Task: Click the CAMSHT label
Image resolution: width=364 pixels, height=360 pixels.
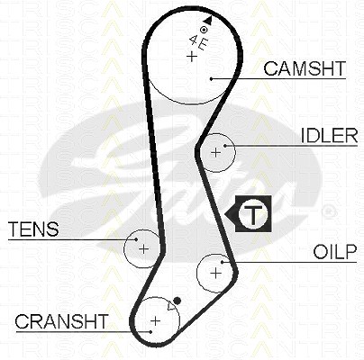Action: coord(305,68)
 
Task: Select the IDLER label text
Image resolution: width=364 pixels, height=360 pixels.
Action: coord(330,136)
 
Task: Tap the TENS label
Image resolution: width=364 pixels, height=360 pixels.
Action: coord(33,229)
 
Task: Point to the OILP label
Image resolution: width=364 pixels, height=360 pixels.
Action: coord(335,252)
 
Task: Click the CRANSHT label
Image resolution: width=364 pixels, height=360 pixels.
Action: coord(61,321)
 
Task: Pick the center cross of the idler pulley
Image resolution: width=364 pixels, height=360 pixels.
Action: coord(215,152)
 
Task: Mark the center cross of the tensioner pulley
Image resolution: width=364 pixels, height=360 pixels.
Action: coord(144,248)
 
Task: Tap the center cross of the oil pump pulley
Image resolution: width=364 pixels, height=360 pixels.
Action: coord(215,273)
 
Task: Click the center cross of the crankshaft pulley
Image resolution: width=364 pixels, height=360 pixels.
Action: coord(155,320)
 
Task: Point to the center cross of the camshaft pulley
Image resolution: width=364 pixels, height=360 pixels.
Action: coord(191,57)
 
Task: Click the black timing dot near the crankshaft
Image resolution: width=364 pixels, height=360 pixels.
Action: coord(177,301)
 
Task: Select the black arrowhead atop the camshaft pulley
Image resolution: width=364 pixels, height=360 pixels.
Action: coord(208,20)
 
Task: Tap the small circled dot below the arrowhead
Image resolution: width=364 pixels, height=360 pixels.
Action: coord(204,30)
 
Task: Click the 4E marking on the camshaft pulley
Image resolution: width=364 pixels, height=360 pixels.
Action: coord(198,42)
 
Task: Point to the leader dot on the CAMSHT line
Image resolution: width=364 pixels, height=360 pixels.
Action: coord(212,79)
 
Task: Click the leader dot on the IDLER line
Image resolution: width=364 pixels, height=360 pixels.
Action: coord(224,146)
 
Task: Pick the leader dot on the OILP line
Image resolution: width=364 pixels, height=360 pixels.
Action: coord(223,262)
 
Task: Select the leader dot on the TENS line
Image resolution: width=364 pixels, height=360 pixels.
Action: coord(136,239)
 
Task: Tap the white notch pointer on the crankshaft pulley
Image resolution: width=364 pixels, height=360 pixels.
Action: coord(171,306)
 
